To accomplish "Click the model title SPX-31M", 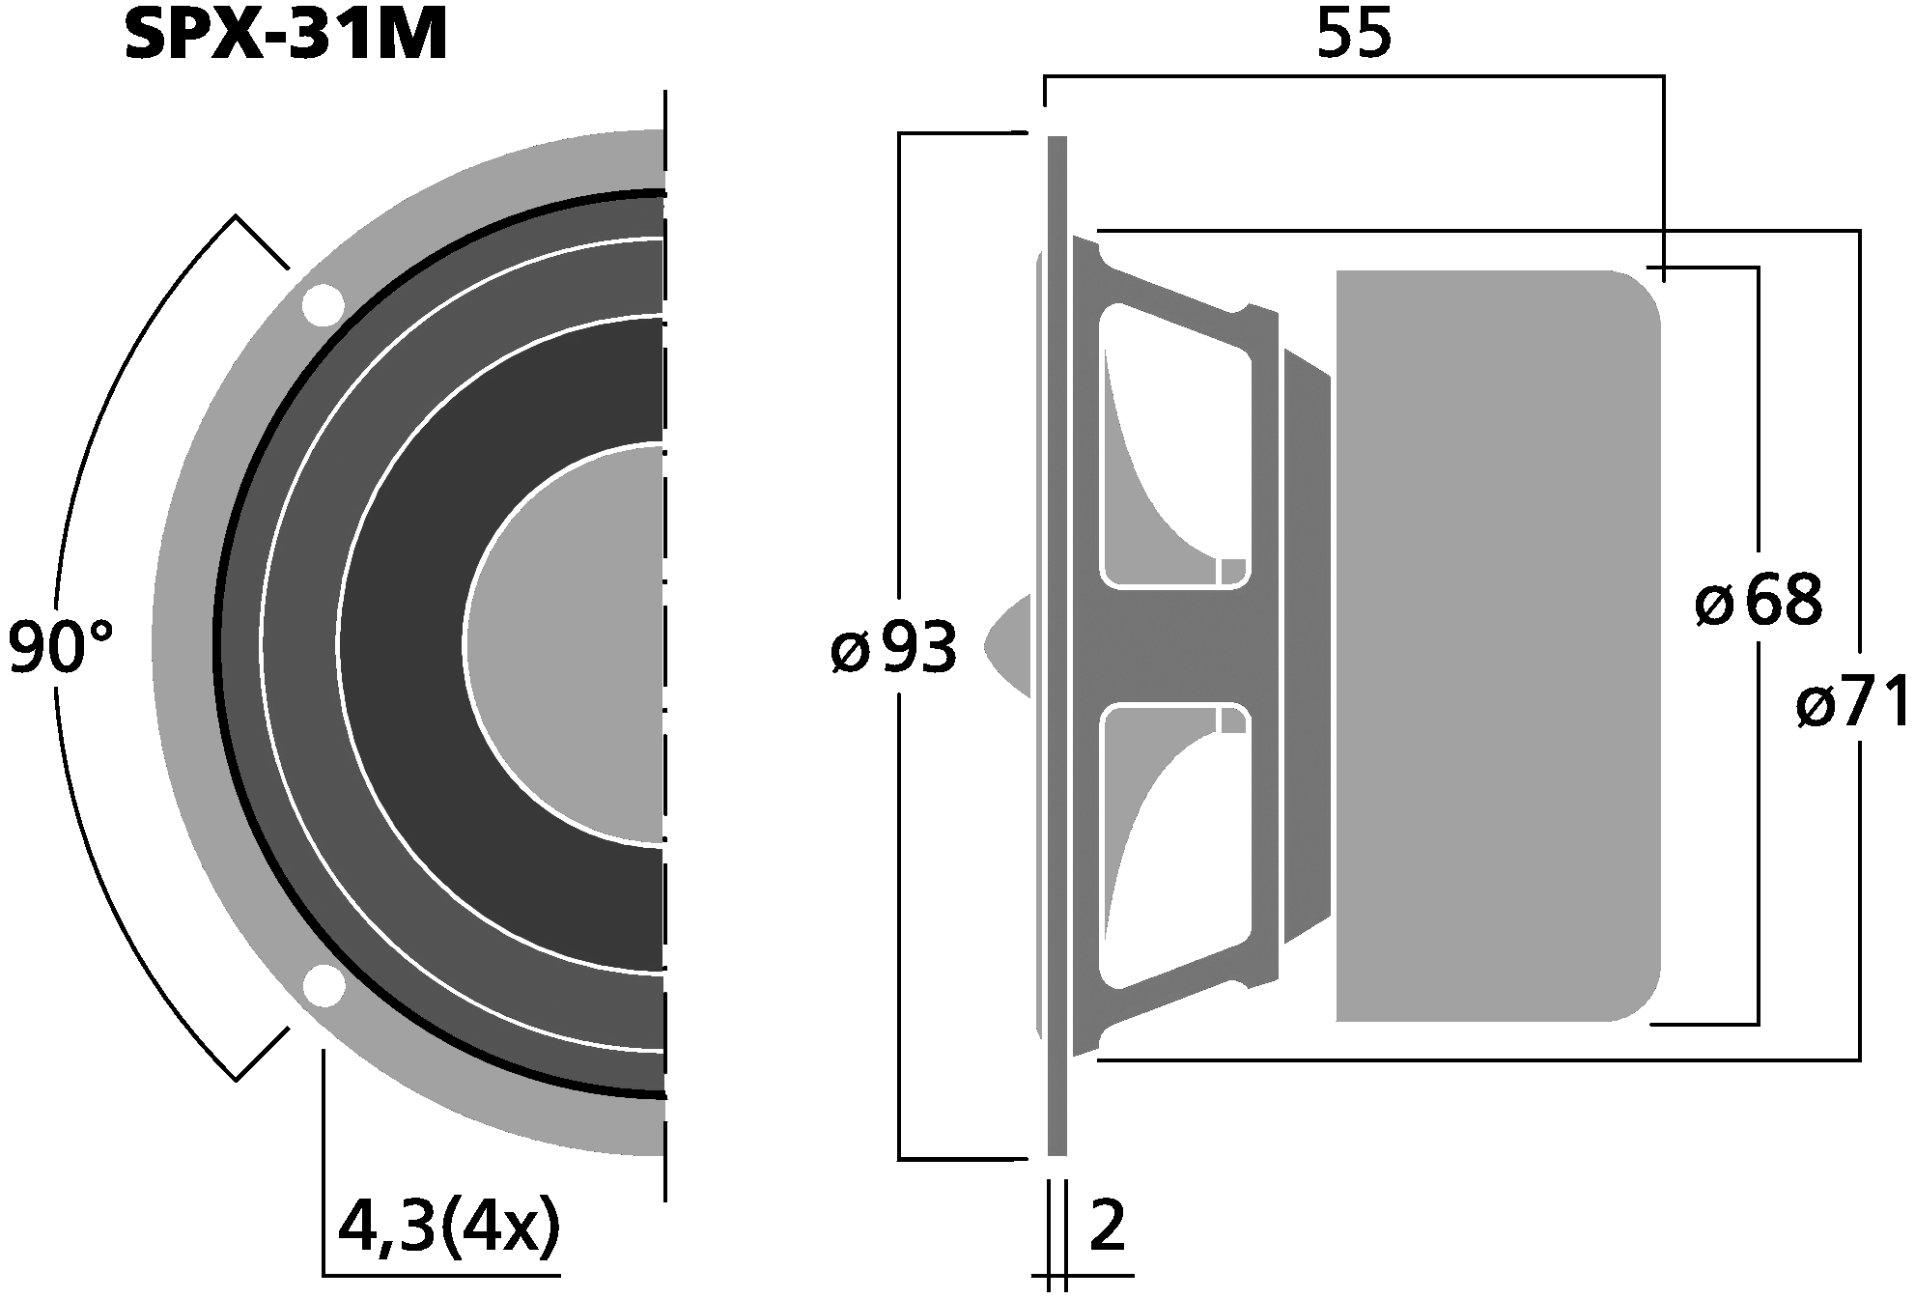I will (x=286, y=36).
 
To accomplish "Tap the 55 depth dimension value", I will (x=1354, y=36).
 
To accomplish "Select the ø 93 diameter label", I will (x=893, y=648).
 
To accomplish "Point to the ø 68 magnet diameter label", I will (x=1758, y=602).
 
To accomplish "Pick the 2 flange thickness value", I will (x=1107, y=1227).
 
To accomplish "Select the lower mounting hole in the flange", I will (x=323, y=987).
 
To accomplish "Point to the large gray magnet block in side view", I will (x=1497, y=645).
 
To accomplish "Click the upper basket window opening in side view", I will (x=1173, y=444).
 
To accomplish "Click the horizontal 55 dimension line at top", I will (x=1352, y=76).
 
